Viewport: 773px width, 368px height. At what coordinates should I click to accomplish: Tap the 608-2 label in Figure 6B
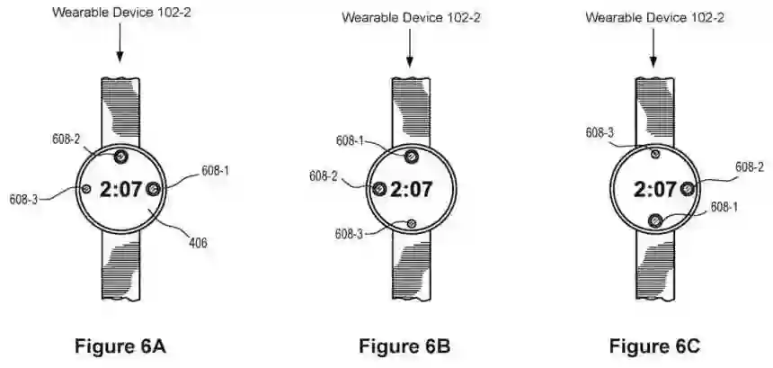click(x=324, y=176)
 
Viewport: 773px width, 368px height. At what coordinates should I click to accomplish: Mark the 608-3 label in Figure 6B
click(x=351, y=233)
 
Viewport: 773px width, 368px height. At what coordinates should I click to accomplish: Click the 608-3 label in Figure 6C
click(x=600, y=133)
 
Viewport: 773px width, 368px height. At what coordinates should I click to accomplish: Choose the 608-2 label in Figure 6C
click(x=749, y=167)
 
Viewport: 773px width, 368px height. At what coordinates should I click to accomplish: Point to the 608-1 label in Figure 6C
click(x=725, y=206)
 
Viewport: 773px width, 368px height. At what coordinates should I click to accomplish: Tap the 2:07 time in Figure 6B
click(x=412, y=190)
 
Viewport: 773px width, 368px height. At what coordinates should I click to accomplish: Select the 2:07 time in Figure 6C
click(x=654, y=190)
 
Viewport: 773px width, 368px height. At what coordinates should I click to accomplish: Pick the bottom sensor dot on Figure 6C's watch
click(x=654, y=220)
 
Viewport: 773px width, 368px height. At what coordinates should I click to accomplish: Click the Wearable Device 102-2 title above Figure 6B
click(x=410, y=17)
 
